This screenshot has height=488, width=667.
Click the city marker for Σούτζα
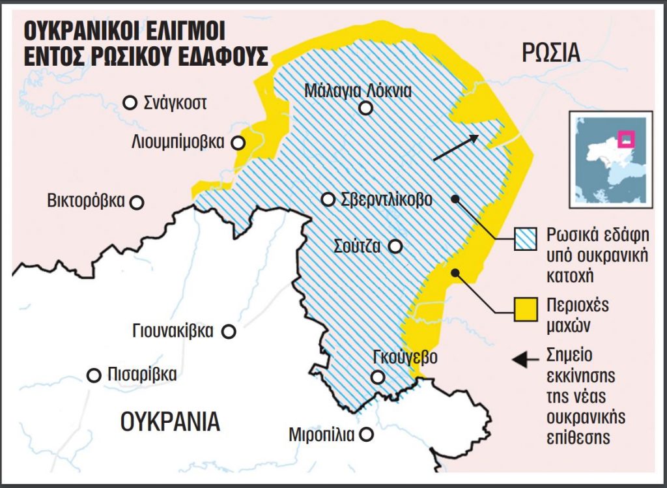[395, 246]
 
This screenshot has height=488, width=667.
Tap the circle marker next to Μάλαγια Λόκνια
[366, 109]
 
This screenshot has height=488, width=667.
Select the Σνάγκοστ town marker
[131, 102]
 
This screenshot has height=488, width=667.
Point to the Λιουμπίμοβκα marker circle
[240, 142]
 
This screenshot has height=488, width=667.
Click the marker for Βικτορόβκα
[137, 202]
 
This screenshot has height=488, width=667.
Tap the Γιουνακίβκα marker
[229, 332]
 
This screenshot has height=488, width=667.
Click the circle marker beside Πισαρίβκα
[94, 375]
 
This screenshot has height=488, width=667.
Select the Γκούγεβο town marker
[377, 377]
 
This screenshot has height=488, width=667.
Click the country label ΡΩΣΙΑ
[551, 52]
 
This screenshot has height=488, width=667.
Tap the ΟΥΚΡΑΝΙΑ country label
[171, 422]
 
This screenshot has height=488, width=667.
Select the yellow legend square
[526, 311]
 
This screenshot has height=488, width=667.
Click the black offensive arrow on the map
[455, 147]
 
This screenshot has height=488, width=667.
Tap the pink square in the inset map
[627, 139]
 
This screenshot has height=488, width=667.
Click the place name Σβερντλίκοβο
[386, 200]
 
